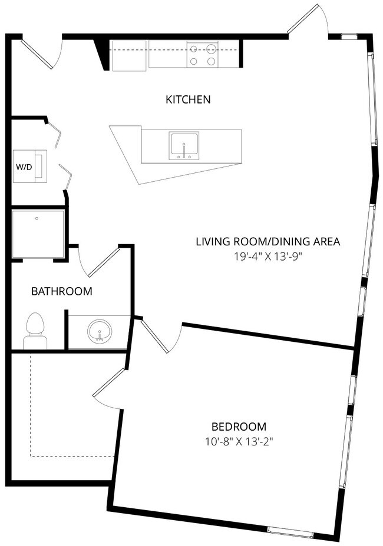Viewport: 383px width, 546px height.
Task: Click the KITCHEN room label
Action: [x=187, y=99]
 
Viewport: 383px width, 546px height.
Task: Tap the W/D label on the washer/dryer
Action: [x=24, y=167]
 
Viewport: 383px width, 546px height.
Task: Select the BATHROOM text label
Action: [x=61, y=291]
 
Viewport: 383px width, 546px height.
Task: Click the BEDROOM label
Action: [x=239, y=427]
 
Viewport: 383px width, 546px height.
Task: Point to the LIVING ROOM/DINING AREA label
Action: [x=268, y=241]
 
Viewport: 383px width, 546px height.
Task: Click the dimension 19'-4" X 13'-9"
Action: [x=268, y=256]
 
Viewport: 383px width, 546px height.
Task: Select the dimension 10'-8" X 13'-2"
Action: [x=239, y=441]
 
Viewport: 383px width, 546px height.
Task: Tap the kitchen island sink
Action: [x=184, y=145]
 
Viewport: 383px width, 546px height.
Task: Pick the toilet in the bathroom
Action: [x=35, y=332]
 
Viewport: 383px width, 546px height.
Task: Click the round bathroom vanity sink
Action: [x=99, y=332]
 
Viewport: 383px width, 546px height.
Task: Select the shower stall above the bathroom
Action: [x=38, y=234]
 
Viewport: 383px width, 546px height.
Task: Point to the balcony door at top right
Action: [x=308, y=21]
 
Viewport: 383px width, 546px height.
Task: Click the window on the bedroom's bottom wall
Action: [x=290, y=532]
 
